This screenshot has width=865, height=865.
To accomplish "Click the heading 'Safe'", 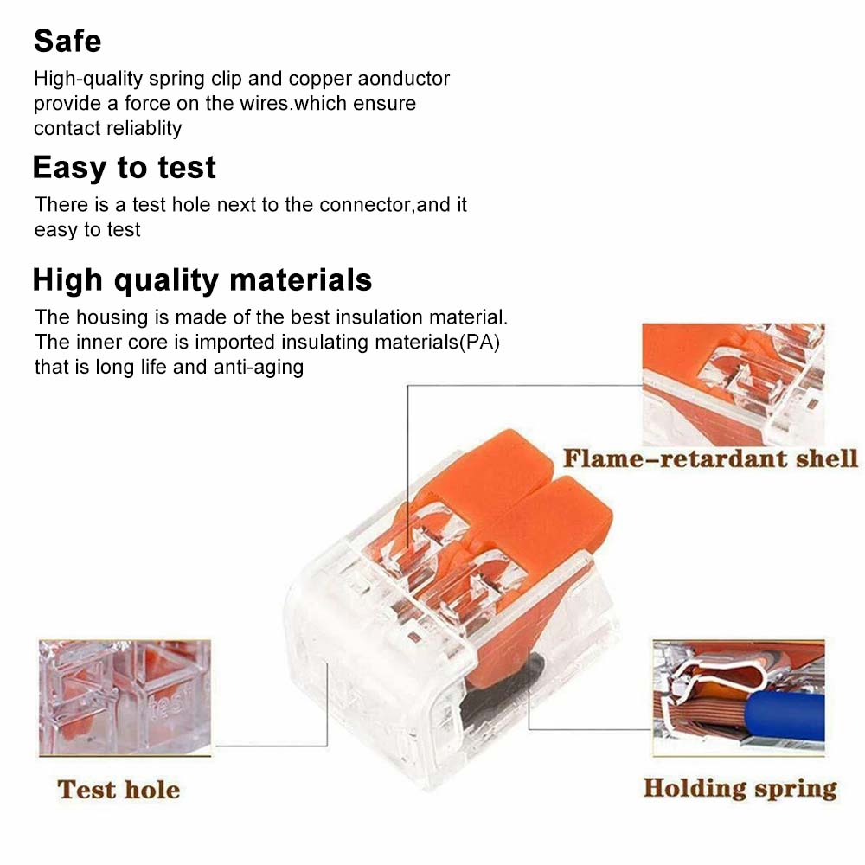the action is (67, 41).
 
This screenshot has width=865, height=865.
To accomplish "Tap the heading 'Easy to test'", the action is (124, 168).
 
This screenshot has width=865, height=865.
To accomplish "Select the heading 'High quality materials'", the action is (202, 279).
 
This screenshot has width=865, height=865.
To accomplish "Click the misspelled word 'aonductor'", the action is (403, 79).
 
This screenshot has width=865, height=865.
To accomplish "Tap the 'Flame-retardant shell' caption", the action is (710, 459).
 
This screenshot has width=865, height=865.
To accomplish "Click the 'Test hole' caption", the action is (119, 790).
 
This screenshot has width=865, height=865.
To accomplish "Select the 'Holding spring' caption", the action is (740, 788).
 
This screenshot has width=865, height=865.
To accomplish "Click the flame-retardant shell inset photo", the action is (734, 385).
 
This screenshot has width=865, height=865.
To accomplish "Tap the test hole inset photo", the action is (125, 698).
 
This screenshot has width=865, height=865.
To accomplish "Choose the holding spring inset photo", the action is (739, 697).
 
